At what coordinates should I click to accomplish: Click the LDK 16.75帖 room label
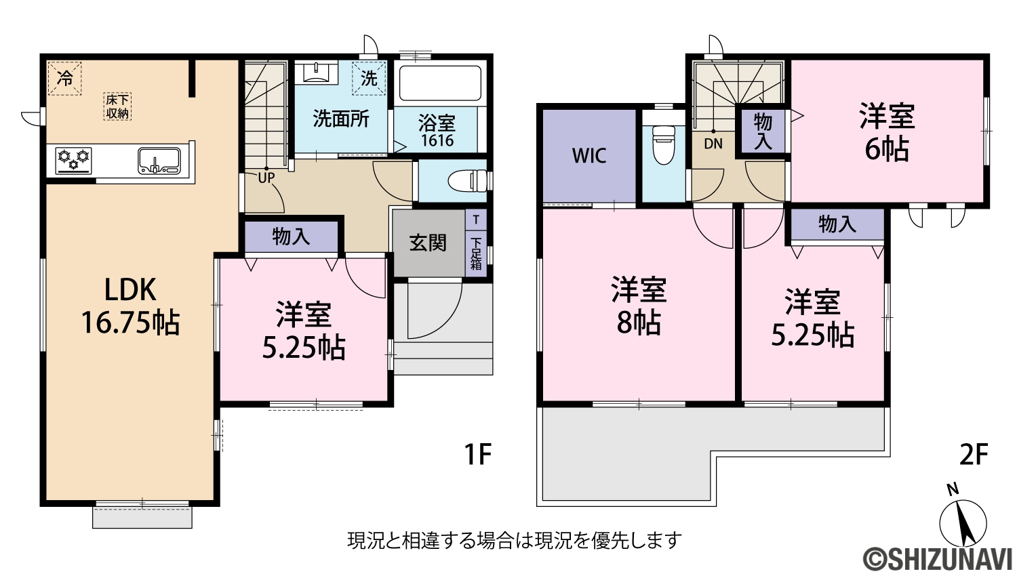click(x=130, y=306)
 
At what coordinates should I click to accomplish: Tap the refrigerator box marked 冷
click(x=64, y=79)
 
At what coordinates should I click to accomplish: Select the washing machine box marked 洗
click(x=369, y=78)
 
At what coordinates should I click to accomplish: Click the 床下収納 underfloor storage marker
click(x=117, y=106)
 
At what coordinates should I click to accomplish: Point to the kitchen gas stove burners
click(x=73, y=160)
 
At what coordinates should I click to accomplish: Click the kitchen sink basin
click(x=159, y=161)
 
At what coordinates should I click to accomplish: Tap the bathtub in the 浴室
click(x=440, y=83)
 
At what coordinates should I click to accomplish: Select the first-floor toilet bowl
click(x=468, y=181)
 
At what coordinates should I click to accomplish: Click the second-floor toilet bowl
click(x=663, y=145)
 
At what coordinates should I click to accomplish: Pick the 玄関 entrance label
click(x=428, y=243)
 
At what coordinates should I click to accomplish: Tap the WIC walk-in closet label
click(x=589, y=156)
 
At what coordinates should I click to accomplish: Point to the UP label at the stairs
click(x=266, y=178)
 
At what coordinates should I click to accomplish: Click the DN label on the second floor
click(x=713, y=144)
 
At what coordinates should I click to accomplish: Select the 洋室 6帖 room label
click(x=887, y=132)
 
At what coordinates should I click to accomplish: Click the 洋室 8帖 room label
click(x=639, y=305)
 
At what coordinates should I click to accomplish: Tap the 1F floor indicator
click(x=478, y=455)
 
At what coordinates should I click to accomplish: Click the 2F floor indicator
click(x=974, y=455)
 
